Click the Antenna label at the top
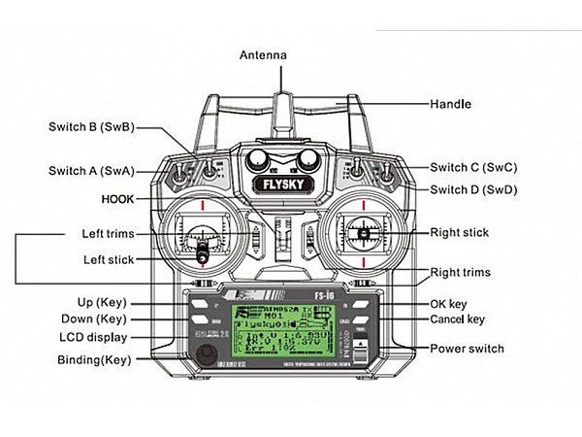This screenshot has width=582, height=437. point(264,55)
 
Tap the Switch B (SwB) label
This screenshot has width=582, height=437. point(90,126)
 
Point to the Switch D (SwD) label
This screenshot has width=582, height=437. point(473,189)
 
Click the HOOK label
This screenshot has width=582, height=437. point(116,198)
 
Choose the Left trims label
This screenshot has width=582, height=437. point(108,234)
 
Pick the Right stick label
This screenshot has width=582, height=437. point(460,232)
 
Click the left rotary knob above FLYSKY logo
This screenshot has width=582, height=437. point(258,158)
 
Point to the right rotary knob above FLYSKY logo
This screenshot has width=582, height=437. point(307,158)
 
